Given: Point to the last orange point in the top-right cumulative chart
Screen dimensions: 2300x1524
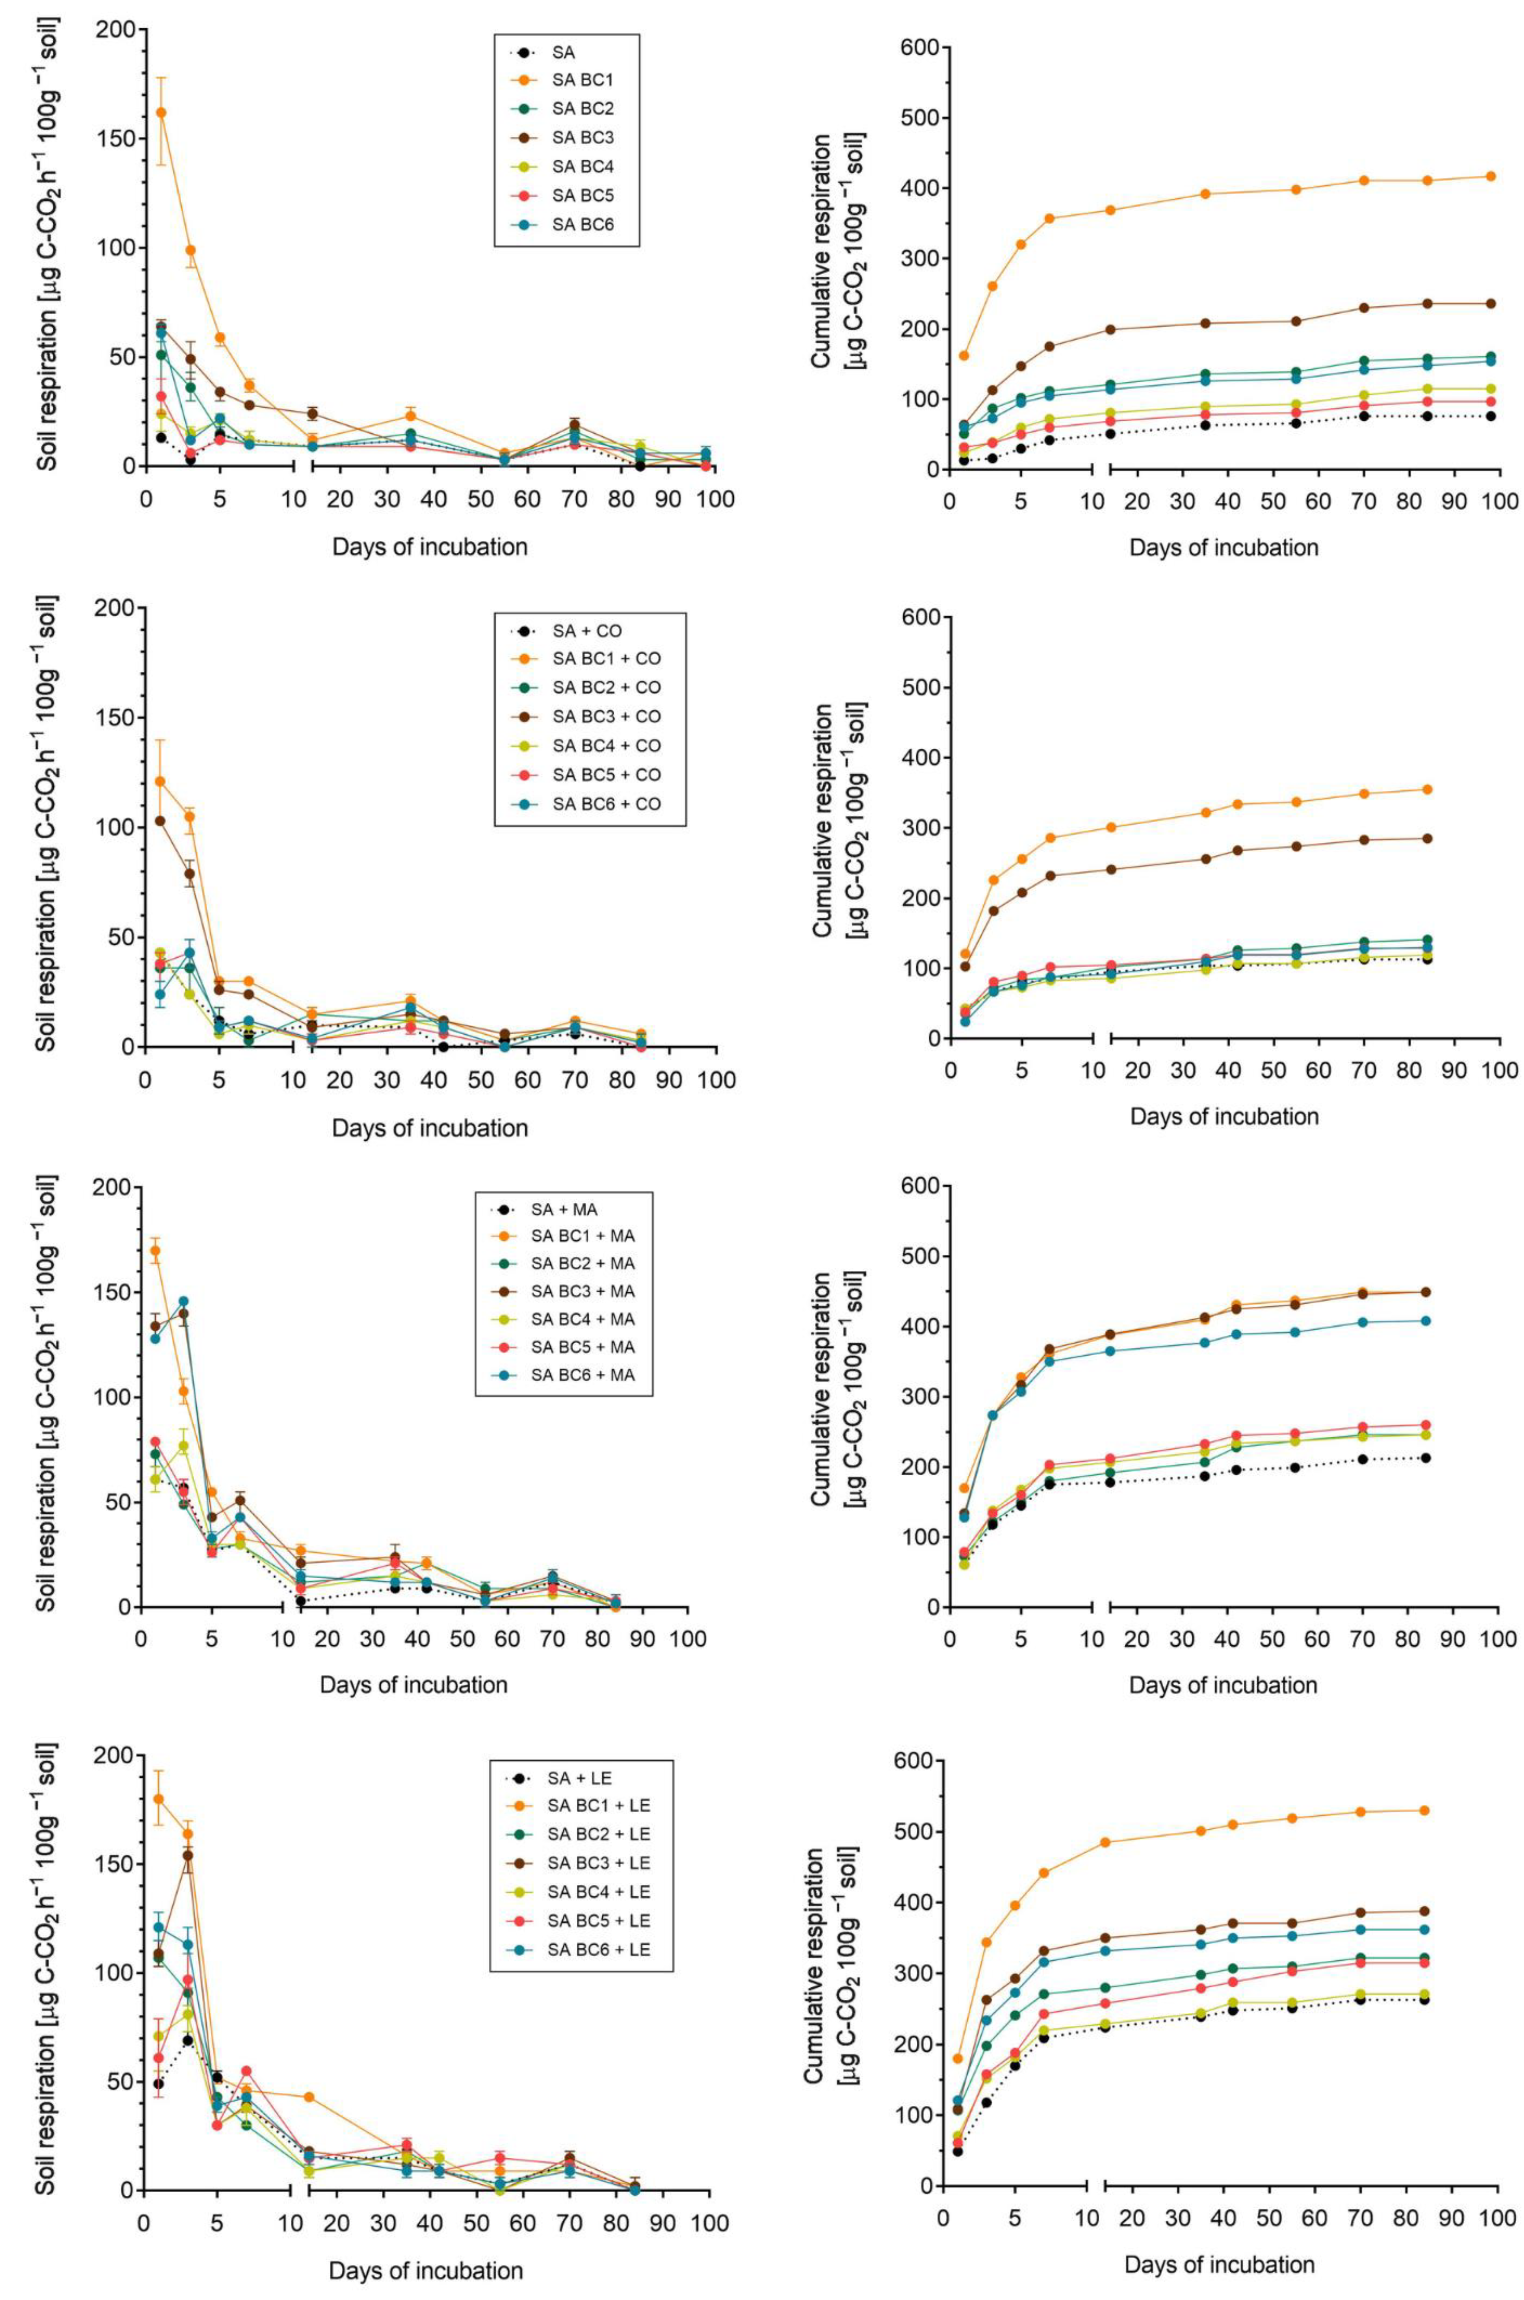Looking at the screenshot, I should [x=1490, y=176].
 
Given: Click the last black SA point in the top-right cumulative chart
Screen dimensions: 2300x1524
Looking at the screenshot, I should [x=1490, y=416].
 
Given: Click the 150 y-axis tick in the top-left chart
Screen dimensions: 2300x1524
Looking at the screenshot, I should [x=113, y=138].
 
